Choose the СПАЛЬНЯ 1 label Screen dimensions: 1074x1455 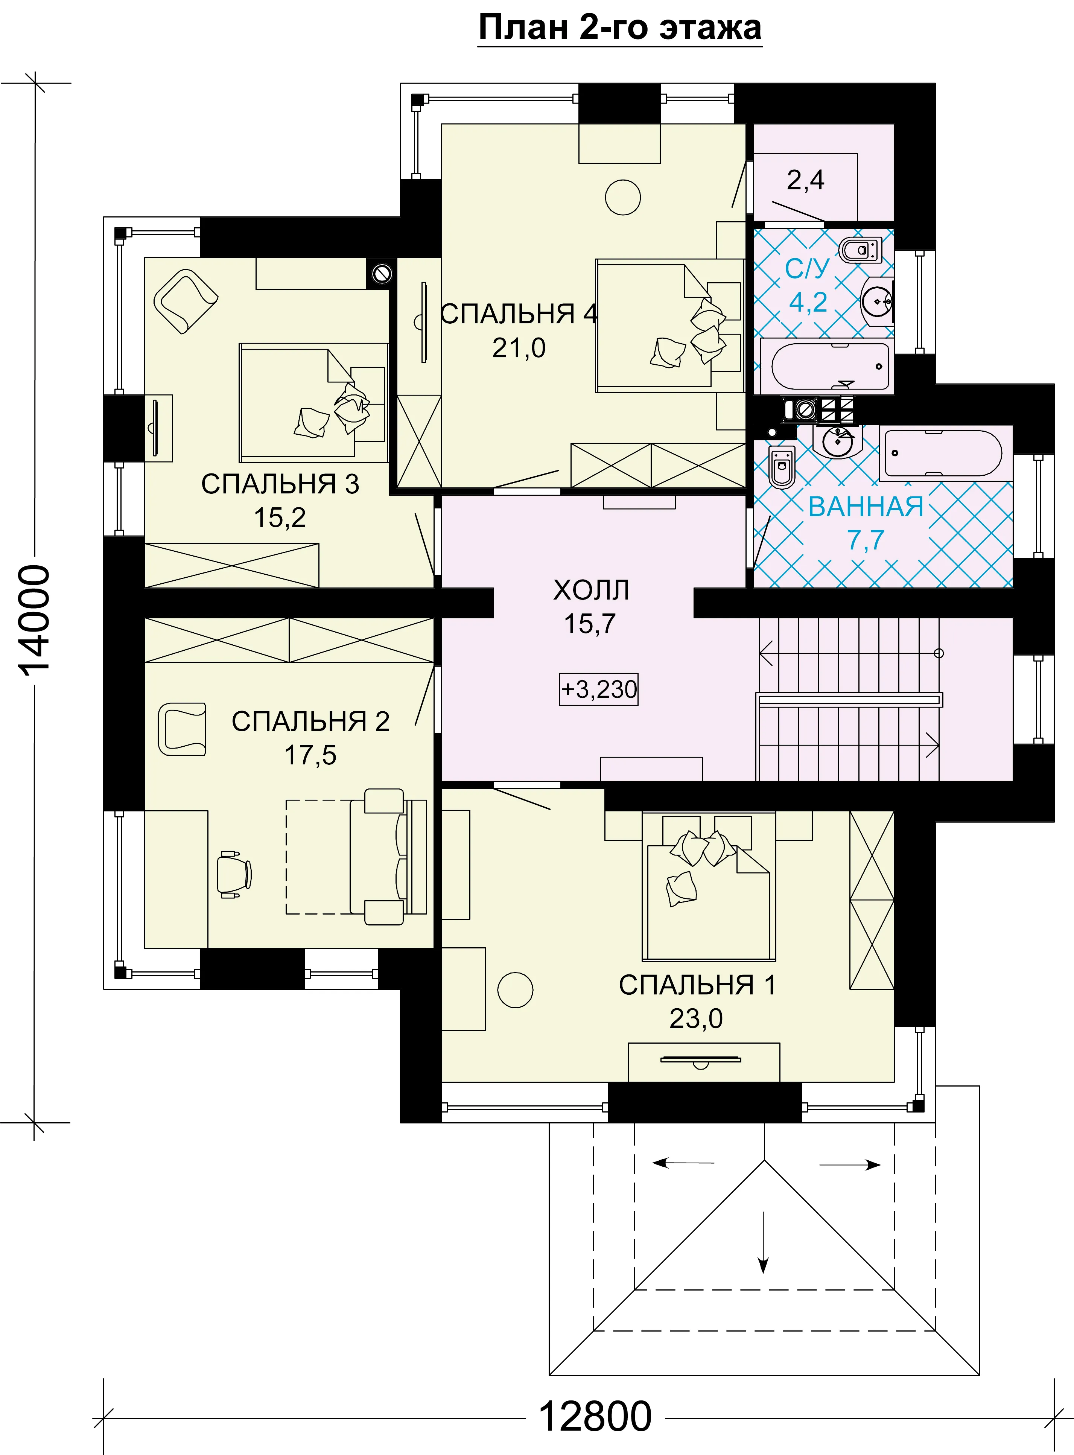pos(697,985)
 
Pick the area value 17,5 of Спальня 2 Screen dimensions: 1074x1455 pos(311,755)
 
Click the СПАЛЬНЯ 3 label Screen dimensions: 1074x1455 pos(280,484)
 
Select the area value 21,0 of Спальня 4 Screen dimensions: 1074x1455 pos(519,348)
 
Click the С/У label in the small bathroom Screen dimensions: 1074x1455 pos(808,268)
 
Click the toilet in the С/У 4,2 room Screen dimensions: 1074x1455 pos(860,250)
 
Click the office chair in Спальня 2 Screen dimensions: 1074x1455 pos(233,874)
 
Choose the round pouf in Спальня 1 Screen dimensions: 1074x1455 pos(515,989)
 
